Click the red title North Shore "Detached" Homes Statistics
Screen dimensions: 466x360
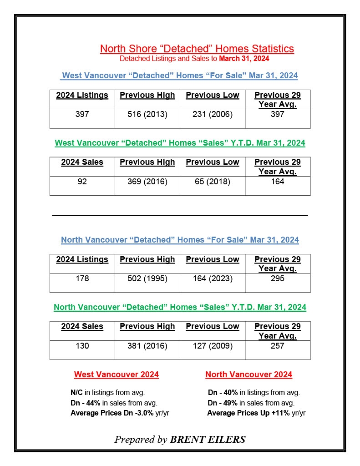pos(197,49)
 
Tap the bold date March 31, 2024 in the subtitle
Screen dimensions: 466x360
pos(244,59)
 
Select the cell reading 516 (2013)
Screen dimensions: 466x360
pos(147,114)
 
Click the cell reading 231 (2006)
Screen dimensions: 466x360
pos(212,114)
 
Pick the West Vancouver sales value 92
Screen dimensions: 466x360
pos(82,182)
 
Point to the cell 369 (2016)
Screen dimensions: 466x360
pos(147,182)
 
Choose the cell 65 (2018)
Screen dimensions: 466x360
pos(212,182)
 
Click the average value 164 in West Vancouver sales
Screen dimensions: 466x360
pos(277,182)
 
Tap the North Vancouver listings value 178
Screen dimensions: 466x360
pos(82,279)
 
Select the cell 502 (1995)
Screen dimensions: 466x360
pos(147,279)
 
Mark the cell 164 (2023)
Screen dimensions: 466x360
pos(212,279)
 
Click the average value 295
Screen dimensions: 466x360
pos(277,279)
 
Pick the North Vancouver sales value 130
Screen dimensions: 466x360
pos(82,346)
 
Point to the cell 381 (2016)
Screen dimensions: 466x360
pos(147,346)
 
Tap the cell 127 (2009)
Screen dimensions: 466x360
pos(212,346)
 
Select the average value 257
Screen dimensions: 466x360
pos(277,346)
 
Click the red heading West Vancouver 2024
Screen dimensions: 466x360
pos(117,375)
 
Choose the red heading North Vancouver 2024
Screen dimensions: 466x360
pos(248,375)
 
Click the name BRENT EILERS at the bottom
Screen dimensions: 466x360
pos(208,440)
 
